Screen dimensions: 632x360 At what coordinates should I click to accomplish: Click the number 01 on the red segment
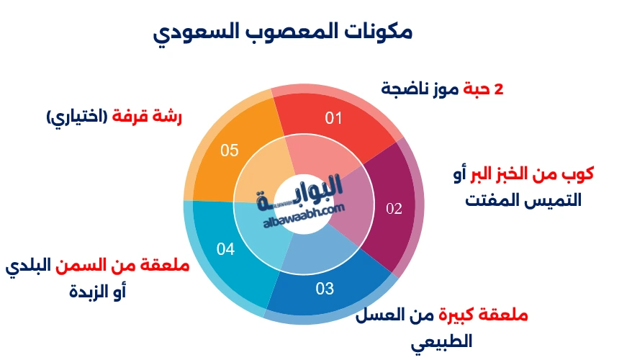(333, 118)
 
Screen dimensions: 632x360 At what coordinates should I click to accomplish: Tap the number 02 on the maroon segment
(394, 208)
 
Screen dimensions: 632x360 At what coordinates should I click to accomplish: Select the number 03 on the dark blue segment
(325, 289)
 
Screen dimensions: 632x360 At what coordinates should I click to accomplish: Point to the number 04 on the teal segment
(225, 249)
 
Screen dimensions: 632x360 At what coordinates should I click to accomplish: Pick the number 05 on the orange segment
(230, 150)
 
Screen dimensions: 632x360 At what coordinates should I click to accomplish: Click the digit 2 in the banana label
(499, 89)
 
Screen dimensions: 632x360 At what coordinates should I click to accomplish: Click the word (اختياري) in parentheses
(76, 117)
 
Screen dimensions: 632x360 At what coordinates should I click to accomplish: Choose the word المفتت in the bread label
(487, 200)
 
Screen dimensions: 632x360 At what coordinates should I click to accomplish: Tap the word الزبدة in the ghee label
(89, 291)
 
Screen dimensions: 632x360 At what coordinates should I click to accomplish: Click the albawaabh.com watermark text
(304, 216)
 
